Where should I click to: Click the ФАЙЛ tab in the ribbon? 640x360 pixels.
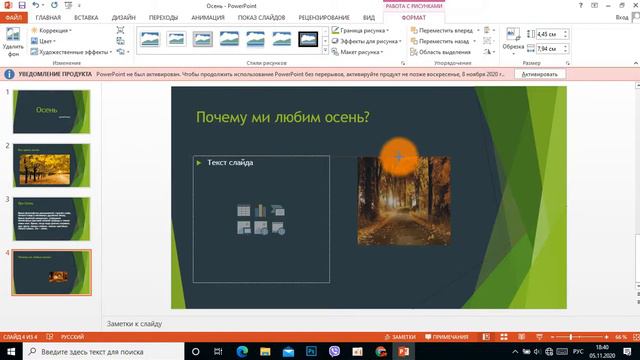click(14, 17)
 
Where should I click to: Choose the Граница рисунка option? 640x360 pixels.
click(365, 31)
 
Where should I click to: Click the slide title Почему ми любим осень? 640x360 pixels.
click(282, 119)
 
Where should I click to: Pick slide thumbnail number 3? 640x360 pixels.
click(50, 220)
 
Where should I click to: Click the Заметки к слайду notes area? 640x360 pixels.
click(134, 325)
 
